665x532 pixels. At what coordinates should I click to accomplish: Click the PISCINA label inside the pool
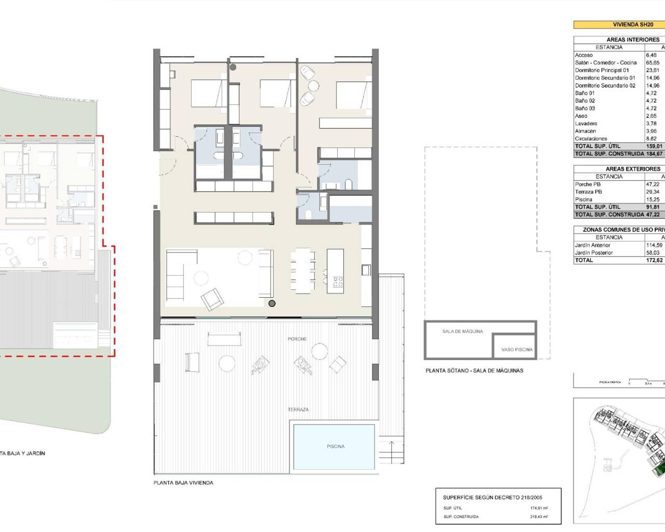pos(335,446)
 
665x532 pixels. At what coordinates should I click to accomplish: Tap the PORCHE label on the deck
pos(297,339)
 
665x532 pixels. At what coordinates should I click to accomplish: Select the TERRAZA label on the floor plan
pos(298,409)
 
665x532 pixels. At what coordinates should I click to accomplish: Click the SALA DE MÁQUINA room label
pos(462,331)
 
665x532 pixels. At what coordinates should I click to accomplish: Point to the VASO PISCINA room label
pos(516,350)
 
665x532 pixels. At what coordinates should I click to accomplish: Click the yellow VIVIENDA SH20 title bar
pos(619,24)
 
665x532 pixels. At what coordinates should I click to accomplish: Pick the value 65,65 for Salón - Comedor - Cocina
pos(653,62)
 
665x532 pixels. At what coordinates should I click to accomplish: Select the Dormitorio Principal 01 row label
pos(602,70)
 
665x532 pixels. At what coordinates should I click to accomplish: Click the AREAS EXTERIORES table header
pos(632,169)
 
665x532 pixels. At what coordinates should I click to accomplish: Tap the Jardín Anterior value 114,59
pos(654,245)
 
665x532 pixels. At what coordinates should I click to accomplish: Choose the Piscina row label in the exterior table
pos(583,199)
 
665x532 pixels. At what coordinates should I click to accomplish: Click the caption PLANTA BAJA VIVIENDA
pos(183,483)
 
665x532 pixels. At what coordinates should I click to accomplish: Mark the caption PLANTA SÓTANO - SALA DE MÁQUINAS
pos(474,370)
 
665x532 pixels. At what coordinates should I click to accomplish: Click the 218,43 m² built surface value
pos(538,516)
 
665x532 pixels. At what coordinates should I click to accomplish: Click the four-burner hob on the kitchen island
pos(338,282)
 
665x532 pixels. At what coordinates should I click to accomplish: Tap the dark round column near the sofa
pos(272,303)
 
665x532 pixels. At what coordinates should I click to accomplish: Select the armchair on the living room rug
pos(212,299)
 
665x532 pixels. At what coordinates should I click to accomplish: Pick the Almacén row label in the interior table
pos(585,131)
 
